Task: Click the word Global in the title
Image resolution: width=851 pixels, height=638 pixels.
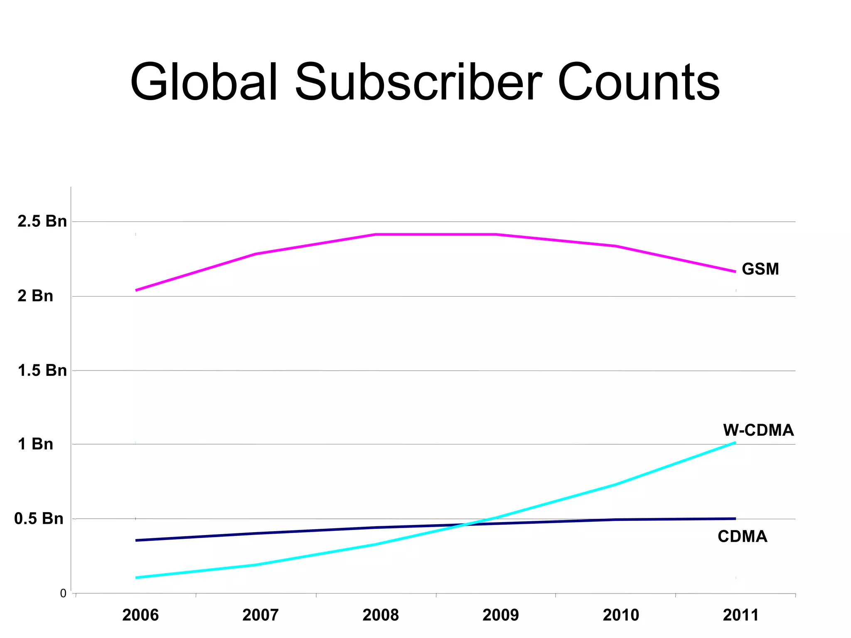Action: pyautogui.click(x=204, y=82)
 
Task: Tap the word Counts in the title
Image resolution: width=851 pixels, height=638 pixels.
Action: pyautogui.click(x=638, y=82)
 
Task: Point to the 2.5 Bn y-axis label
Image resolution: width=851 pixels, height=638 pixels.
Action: pyautogui.click(x=42, y=221)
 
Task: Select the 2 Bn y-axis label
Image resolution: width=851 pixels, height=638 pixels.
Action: pyautogui.click(x=35, y=296)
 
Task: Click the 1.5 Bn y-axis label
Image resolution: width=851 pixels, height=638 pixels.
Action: pyautogui.click(x=42, y=371)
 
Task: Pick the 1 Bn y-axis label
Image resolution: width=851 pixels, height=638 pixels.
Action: pyautogui.click(x=35, y=444)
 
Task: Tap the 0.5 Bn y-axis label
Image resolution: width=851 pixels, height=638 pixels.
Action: pyautogui.click(x=39, y=519)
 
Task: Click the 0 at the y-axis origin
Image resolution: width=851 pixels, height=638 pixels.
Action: pyautogui.click(x=63, y=594)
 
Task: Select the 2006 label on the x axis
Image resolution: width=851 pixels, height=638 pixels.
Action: pyautogui.click(x=140, y=615)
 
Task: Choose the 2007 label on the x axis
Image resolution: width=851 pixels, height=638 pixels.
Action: pyautogui.click(x=261, y=615)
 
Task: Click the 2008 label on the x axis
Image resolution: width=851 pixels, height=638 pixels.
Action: pyautogui.click(x=381, y=615)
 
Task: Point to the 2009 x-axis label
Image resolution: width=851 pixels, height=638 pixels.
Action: pyautogui.click(x=501, y=615)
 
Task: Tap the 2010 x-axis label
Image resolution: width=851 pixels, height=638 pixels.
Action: pyautogui.click(x=621, y=615)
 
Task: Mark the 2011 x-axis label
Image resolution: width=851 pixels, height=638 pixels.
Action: pyautogui.click(x=741, y=615)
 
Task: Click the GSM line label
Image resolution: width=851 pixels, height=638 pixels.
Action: pyautogui.click(x=760, y=269)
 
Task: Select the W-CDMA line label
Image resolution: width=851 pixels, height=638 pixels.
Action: pyautogui.click(x=758, y=430)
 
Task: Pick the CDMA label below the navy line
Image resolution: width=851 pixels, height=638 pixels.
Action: pyautogui.click(x=742, y=537)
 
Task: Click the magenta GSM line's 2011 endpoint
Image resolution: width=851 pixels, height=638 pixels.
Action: pyautogui.click(x=735, y=272)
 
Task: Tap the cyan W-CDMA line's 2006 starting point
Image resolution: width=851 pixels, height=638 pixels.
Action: pyautogui.click(x=137, y=578)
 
